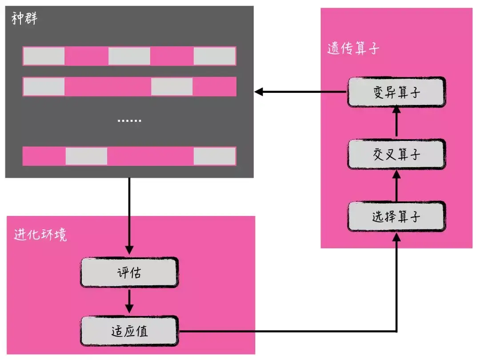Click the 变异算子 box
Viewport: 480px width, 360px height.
pyautogui.click(x=396, y=92)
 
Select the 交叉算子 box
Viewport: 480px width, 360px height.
pyautogui.click(x=396, y=154)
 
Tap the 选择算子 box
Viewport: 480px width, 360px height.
pyautogui.click(x=396, y=216)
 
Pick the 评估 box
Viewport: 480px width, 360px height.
pyautogui.click(x=129, y=272)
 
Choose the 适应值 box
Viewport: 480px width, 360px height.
pyautogui.click(x=129, y=331)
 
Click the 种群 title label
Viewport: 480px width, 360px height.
pyautogui.click(x=24, y=18)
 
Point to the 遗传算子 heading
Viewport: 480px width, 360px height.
pyautogui.click(x=353, y=48)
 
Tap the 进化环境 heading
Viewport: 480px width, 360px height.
pyautogui.click(x=40, y=235)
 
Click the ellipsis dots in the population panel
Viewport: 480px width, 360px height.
pyautogui.click(x=129, y=121)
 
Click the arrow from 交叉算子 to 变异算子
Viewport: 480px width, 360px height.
pyautogui.click(x=396, y=122)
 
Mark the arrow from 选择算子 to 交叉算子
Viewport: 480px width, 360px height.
pyautogui.click(x=396, y=185)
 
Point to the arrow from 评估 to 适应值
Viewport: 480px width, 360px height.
pyautogui.click(x=129, y=301)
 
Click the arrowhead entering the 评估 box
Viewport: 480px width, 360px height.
pyautogui.click(x=129, y=250)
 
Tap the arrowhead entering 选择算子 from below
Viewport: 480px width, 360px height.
pyautogui.click(x=396, y=237)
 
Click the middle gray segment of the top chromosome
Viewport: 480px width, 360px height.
pyautogui.click(x=129, y=56)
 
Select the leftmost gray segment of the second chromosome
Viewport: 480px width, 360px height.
pyautogui.click(x=44, y=87)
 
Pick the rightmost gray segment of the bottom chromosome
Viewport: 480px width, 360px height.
pyautogui.click(x=215, y=156)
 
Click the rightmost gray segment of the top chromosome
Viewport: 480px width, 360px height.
pyautogui.click(x=215, y=56)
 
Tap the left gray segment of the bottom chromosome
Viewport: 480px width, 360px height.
pyautogui.click(x=86, y=156)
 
